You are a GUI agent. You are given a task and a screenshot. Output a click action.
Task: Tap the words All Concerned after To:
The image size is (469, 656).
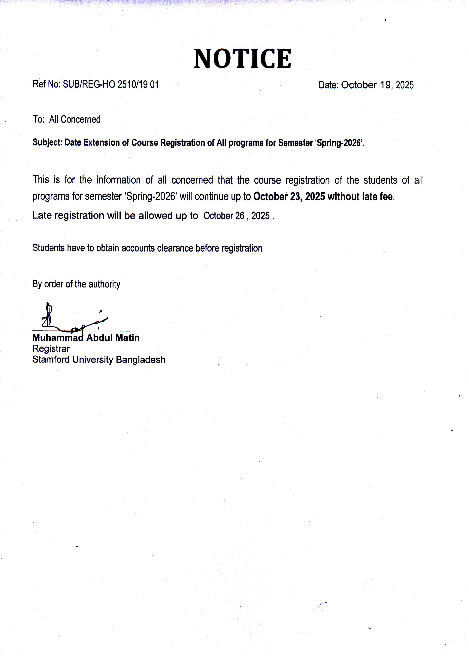[75, 119]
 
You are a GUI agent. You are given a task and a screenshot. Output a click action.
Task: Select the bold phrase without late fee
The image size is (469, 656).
[360, 196]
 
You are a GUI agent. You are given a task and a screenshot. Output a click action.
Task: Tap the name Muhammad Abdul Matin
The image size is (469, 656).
[86, 338]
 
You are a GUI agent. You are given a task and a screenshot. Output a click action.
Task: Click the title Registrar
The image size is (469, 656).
[51, 348]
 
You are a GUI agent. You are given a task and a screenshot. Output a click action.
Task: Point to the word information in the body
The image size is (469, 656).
[118, 180]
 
